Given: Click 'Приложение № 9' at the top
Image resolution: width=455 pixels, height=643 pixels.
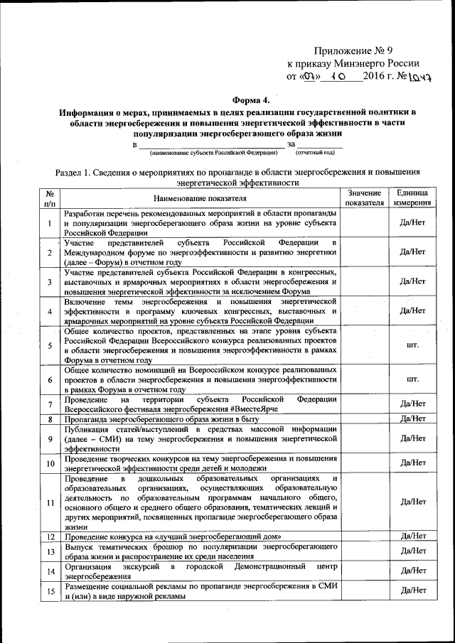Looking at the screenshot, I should click(x=353, y=51).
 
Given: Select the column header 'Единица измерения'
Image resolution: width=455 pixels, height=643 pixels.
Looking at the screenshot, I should click(x=412, y=198).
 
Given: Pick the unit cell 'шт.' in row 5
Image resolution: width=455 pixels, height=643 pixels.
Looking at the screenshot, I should click(x=412, y=345).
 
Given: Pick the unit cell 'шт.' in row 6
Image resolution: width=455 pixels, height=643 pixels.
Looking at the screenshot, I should click(x=412, y=380).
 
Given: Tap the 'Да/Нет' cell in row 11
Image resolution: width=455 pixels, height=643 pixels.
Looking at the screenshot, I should click(x=412, y=502).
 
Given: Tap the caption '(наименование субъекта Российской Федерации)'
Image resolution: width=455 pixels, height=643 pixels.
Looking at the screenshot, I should click(x=213, y=152).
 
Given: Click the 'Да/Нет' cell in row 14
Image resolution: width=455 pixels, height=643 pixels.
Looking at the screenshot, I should click(x=412, y=571).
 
